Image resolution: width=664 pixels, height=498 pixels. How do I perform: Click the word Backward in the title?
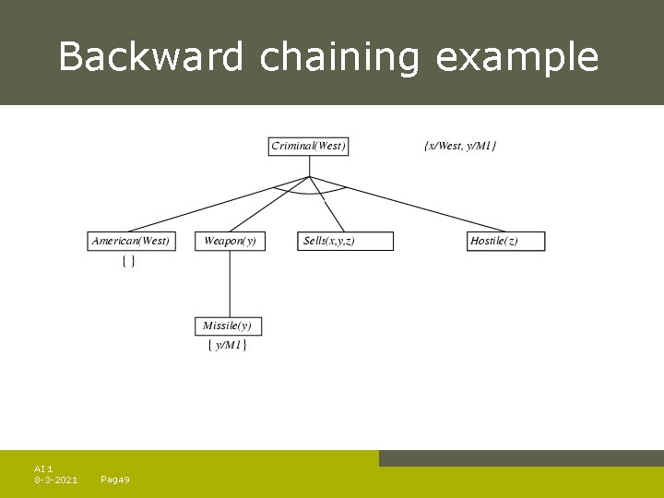pyautogui.click(x=151, y=57)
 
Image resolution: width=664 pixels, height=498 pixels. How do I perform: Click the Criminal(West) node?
pyautogui.click(x=309, y=146)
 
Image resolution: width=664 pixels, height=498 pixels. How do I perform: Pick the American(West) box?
pyautogui.click(x=131, y=241)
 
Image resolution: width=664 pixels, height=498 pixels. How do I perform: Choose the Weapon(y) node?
pyautogui.click(x=230, y=241)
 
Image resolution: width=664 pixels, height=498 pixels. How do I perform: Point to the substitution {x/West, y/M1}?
pyautogui.click(x=460, y=146)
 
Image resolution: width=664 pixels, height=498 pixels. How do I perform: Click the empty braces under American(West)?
pyautogui.click(x=129, y=262)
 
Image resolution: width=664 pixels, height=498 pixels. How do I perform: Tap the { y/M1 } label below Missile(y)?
pyautogui.click(x=227, y=346)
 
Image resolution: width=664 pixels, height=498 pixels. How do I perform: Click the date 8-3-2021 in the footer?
pyautogui.click(x=55, y=480)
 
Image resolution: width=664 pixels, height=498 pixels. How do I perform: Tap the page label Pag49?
pyautogui.click(x=114, y=480)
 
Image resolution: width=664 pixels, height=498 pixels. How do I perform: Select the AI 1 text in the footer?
pyautogui.click(x=43, y=468)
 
